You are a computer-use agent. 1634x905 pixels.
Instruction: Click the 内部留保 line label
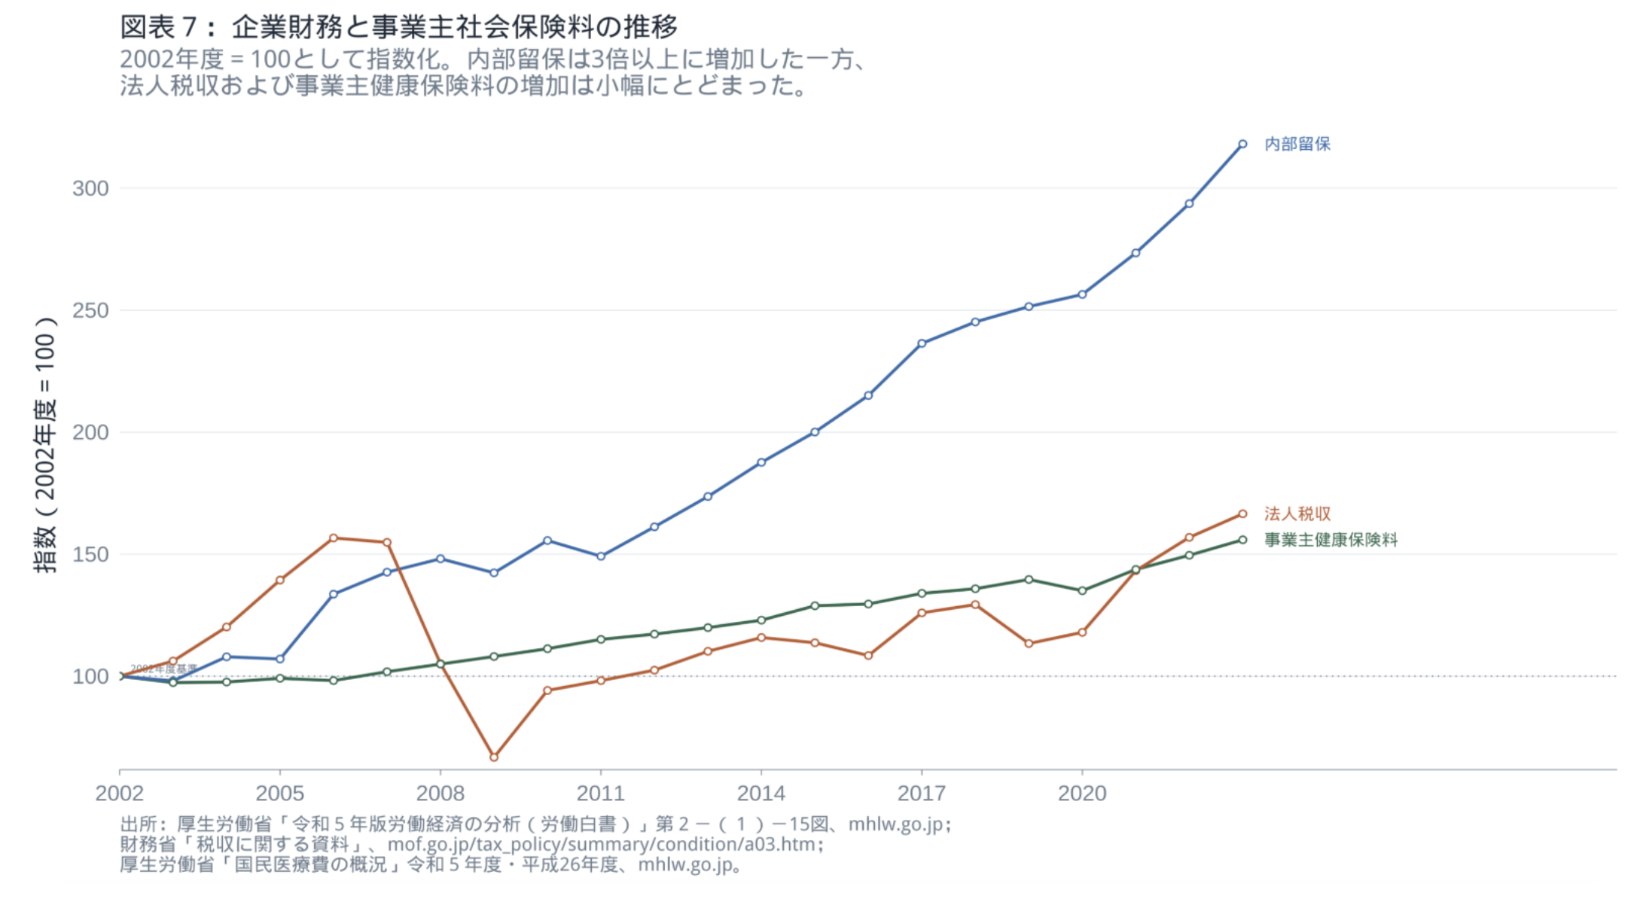tap(1297, 144)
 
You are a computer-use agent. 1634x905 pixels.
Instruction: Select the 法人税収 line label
tap(1297, 513)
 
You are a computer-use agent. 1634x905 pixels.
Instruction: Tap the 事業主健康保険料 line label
tap(1331, 540)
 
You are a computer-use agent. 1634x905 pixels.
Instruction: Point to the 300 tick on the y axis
tap(90, 188)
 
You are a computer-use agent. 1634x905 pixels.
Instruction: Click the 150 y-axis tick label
tap(90, 554)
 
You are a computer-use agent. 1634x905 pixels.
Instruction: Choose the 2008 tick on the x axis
tap(440, 793)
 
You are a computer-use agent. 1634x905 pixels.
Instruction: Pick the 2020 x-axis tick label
tap(1081, 793)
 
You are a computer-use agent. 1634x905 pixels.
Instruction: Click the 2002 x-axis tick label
tap(119, 793)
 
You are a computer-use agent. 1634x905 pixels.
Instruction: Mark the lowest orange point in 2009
tap(494, 757)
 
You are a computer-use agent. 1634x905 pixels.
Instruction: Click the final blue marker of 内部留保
tap(1242, 144)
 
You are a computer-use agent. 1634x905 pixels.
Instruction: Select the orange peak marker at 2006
tap(334, 538)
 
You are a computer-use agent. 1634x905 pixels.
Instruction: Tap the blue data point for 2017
tap(922, 343)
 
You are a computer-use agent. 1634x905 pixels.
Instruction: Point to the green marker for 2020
tap(1082, 591)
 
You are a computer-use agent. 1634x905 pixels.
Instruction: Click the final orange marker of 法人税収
tap(1242, 514)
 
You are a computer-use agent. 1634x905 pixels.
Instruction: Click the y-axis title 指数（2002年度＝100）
tap(45, 444)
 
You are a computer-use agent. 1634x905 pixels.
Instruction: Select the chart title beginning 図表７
tap(399, 27)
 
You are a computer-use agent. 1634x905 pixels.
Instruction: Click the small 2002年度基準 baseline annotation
tap(163, 669)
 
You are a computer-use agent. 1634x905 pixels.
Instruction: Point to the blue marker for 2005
tap(280, 659)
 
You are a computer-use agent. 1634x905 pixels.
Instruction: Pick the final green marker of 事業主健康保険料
tap(1242, 540)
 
